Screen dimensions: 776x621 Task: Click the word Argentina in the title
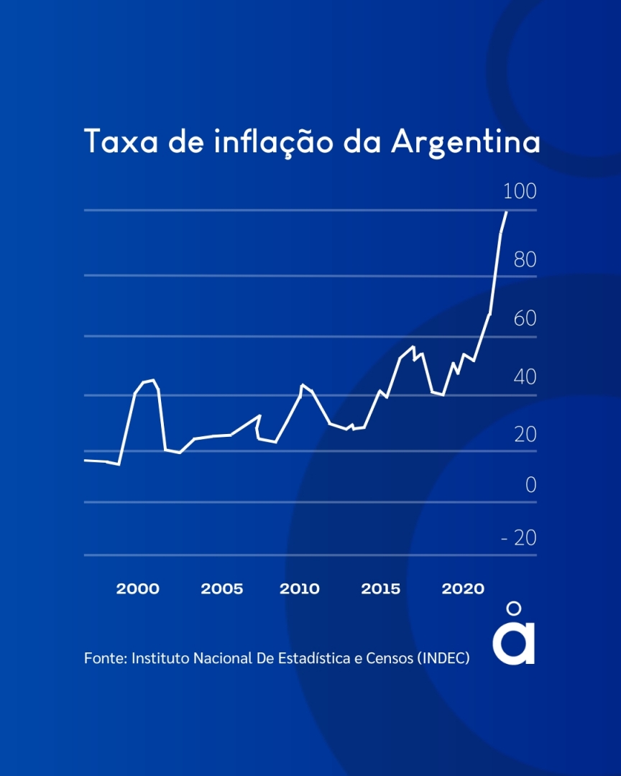click(x=466, y=142)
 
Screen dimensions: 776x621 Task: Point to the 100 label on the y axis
click(x=520, y=192)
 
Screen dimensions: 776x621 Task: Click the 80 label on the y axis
click(x=525, y=260)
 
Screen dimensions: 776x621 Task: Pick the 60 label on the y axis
click(x=525, y=318)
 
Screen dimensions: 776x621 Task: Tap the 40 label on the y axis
click(x=525, y=377)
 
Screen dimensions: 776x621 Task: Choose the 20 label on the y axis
click(x=525, y=435)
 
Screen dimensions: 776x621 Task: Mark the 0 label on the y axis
click(x=531, y=486)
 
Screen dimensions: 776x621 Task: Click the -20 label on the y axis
click(x=520, y=538)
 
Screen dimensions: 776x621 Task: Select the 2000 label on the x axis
click(x=137, y=589)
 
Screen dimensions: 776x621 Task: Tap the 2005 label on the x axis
click(x=221, y=589)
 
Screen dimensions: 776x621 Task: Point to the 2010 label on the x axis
click(x=299, y=589)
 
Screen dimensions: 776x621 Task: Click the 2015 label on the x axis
click(x=380, y=589)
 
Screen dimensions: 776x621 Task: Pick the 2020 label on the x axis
click(x=462, y=589)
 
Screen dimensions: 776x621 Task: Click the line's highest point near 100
click(x=507, y=212)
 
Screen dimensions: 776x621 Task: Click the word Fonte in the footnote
click(x=104, y=658)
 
